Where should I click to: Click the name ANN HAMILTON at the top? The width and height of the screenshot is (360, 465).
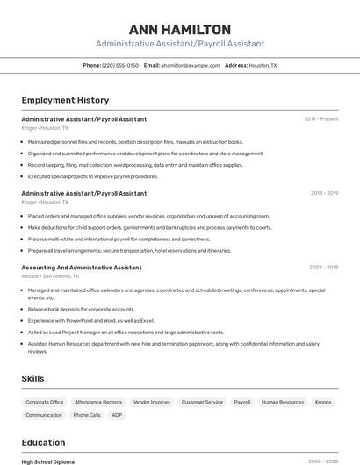[x=180, y=30]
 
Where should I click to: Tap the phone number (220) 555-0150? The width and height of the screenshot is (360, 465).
[x=120, y=65]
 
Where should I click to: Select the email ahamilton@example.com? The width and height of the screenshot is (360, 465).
[x=190, y=65]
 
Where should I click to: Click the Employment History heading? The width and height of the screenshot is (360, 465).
[x=65, y=100]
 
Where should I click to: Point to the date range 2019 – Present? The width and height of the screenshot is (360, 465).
[x=321, y=118]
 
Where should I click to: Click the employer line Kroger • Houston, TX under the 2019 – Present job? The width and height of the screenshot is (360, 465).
[x=45, y=128]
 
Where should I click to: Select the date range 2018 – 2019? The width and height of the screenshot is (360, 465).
[x=323, y=193]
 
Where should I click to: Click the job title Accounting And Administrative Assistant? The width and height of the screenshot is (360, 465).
[x=81, y=268]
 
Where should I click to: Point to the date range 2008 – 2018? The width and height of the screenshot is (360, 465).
[x=323, y=268]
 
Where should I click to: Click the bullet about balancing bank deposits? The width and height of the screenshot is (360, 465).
[x=81, y=309]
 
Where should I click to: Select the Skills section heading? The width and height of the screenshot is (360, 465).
[x=33, y=378]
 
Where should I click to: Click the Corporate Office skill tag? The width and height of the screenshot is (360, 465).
[x=44, y=402]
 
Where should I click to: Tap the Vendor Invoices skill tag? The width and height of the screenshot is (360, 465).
[x=152, y=402]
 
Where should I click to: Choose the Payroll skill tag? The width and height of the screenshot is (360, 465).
[x=242, y=402]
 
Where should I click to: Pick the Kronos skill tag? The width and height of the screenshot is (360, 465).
[x=323, y=402]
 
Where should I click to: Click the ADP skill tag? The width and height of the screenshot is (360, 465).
[x=117, y=415]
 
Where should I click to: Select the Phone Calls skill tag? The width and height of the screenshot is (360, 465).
[x=87, y=415]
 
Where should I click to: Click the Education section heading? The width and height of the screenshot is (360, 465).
[x=43, y=442]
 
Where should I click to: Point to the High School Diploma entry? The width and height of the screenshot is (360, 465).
[x=48, y=461]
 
